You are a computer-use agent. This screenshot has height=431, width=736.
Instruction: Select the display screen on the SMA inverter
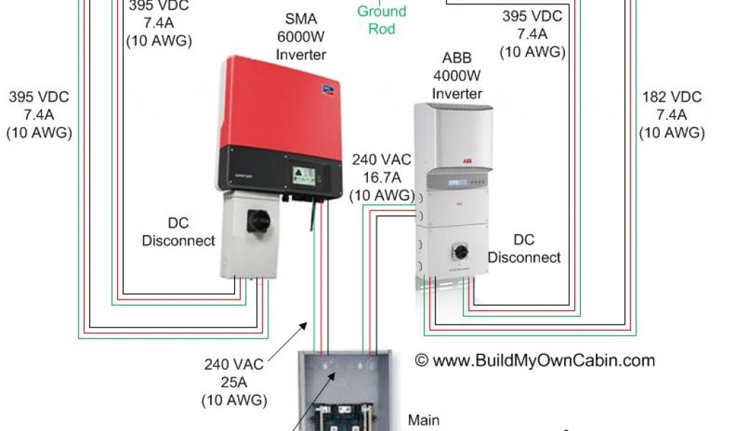point(305,175)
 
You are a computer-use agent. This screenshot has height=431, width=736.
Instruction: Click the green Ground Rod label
point(382,20)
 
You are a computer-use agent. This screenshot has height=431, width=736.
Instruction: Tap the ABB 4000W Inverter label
point(457,75)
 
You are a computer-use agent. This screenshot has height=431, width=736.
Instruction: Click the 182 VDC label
point(671,115)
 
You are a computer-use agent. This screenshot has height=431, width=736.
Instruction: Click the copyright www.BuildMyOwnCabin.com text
point(535,361)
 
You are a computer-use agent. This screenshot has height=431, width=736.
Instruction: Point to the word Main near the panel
point(423,420)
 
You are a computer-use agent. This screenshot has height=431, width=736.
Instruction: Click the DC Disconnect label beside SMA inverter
point(178,232)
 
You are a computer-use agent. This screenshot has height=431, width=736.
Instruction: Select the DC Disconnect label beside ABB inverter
point(524,248)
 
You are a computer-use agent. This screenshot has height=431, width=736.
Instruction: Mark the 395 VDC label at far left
point(39,115)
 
